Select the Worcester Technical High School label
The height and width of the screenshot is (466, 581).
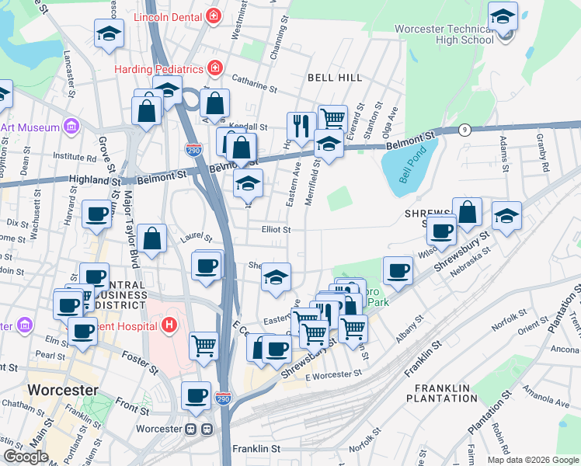click(444, 34)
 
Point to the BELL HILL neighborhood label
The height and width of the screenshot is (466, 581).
click(334, 78)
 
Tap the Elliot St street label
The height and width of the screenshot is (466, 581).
click(276, 230)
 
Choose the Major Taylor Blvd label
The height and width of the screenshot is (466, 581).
click(129, 233)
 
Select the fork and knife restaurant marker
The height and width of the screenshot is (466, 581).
click(301, 125)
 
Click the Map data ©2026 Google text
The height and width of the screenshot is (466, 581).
click(532, 460)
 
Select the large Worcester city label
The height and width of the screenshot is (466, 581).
click(63, 390)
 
